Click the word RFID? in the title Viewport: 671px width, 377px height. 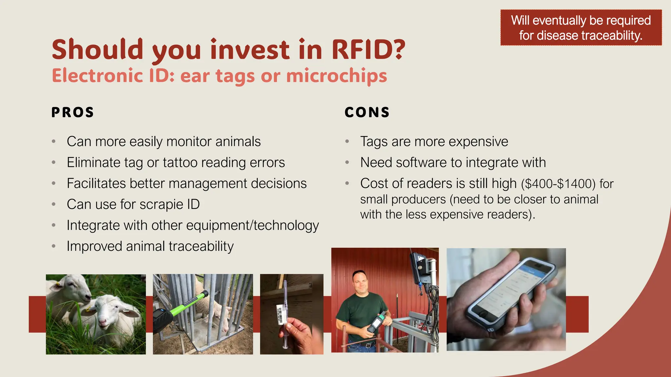click(x=368, y=50)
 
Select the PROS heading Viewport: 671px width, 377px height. click(x=73, y=112)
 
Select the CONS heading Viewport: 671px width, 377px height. click(x=367, y=112)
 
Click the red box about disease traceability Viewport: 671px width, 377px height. click(x=581, y=28)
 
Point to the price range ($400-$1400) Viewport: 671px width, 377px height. click(x=558, y=184)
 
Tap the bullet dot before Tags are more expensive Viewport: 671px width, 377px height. click(x=347, y=142)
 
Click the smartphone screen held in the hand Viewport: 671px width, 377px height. click(x=511, y=288)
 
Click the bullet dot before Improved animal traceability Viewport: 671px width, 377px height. click(x=54, y=246)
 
